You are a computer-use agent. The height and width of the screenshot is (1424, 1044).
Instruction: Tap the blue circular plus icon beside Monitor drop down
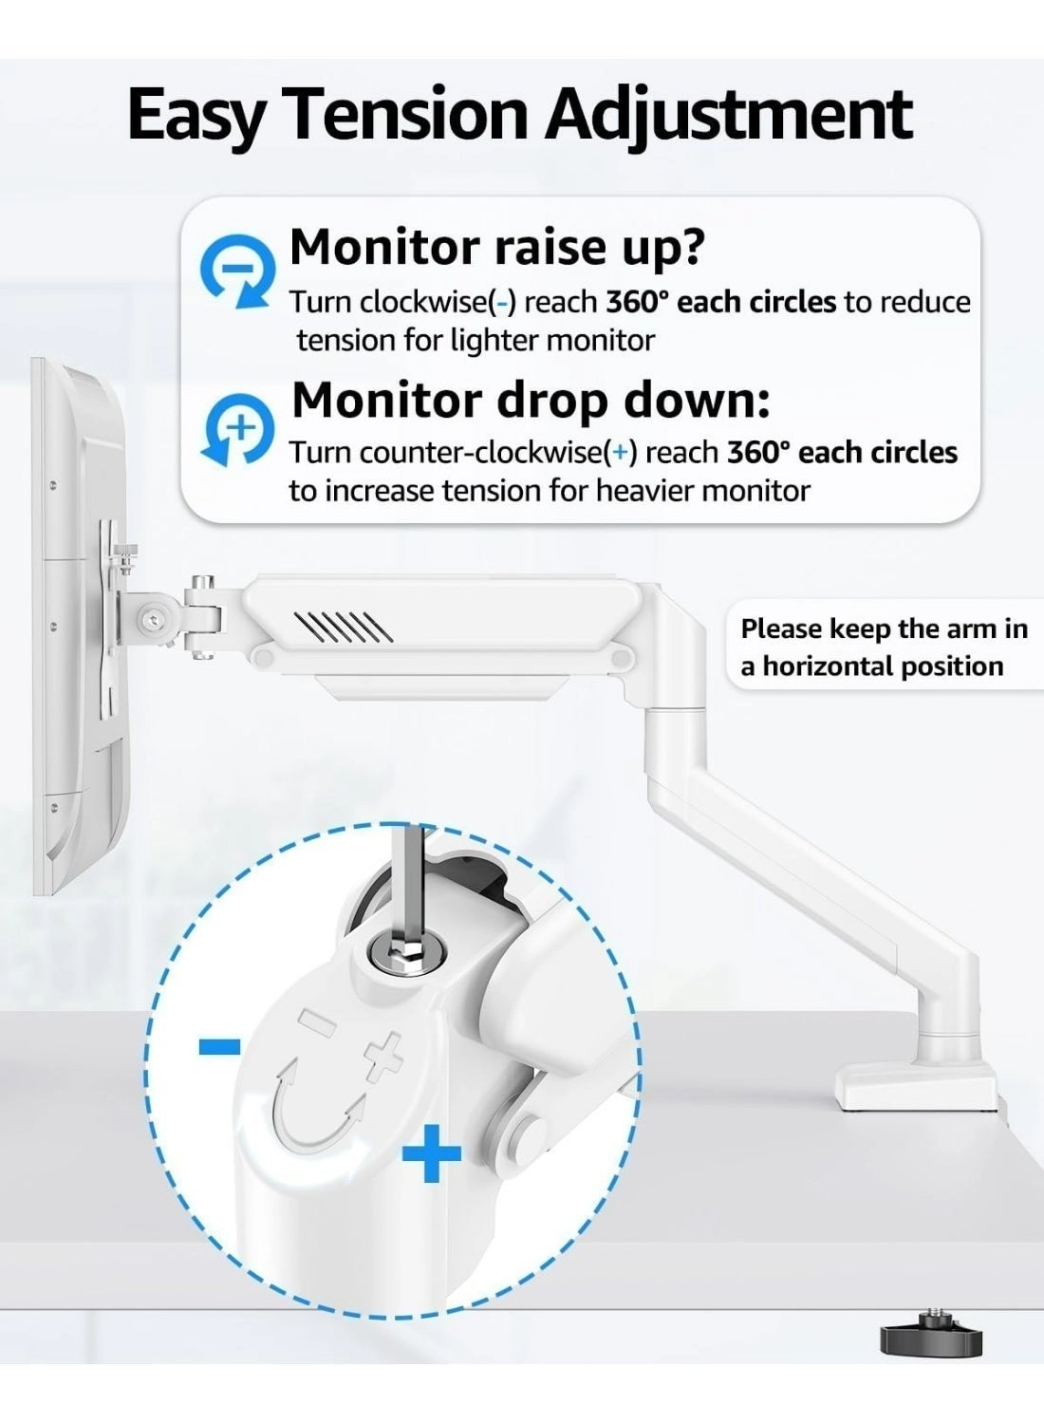tap(237, 428)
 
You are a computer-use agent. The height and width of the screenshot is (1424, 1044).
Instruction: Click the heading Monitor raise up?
tap(497, 247)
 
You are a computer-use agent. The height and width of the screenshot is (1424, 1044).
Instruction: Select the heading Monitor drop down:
tap(531, 400)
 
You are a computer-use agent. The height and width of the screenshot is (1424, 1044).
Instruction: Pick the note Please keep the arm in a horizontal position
tap(883, 646)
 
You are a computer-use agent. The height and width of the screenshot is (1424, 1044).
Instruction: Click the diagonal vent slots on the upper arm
tap(343, 627)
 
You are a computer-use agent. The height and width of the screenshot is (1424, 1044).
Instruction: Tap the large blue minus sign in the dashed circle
tap(219, 1046)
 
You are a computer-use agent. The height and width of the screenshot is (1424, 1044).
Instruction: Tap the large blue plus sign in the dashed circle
tap(432, 1153)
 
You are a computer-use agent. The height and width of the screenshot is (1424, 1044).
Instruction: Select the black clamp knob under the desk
tap(930, 1339)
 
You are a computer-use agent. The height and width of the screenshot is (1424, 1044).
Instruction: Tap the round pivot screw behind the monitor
tap(152, 621)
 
